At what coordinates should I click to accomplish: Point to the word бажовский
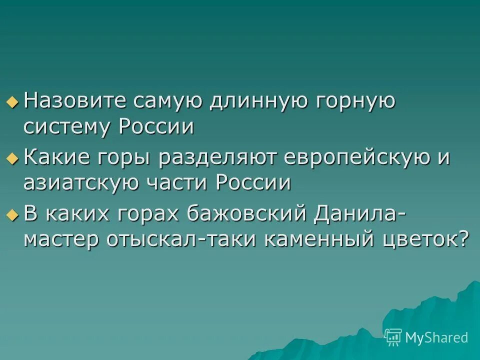248,215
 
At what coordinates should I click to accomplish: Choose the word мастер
61,240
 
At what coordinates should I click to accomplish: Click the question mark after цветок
464,240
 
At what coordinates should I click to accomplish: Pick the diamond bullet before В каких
12,215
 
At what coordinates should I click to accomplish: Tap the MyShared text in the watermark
436,337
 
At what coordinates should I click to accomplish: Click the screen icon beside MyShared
393,337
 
